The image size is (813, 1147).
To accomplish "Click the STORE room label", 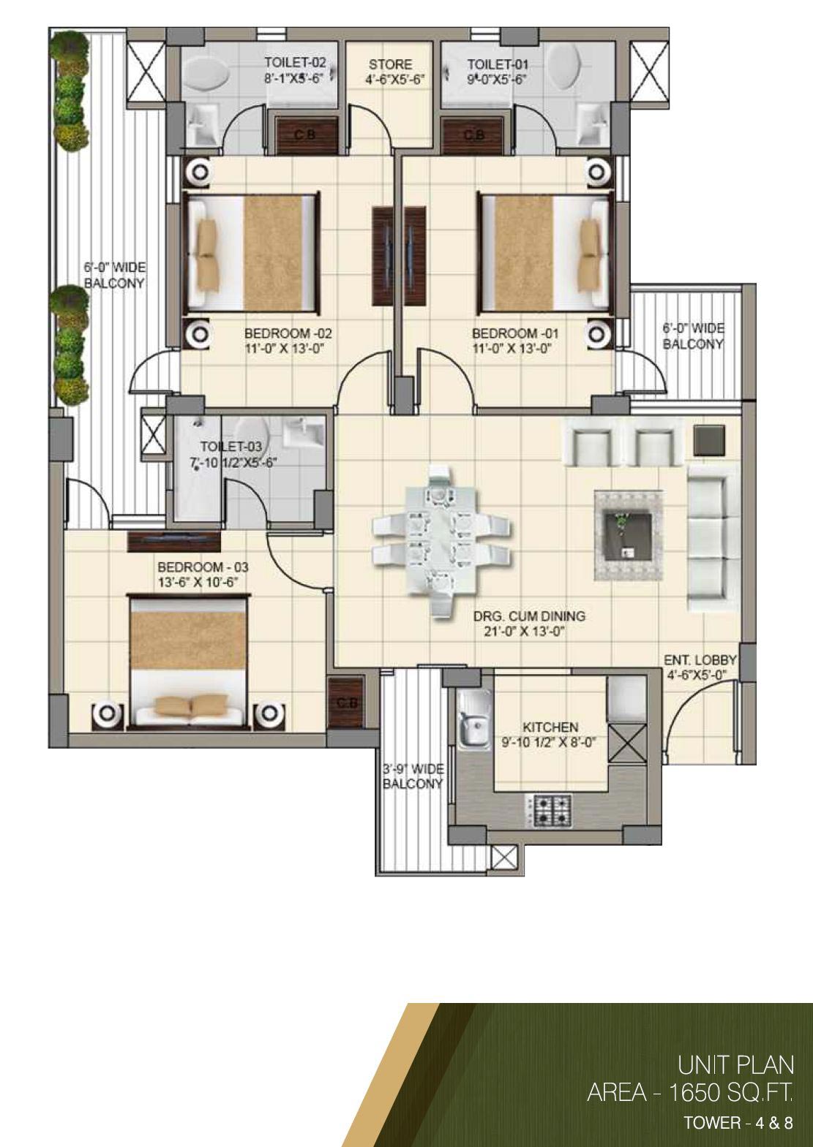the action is click(390, 64).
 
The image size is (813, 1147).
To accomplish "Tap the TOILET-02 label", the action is click(295, 62).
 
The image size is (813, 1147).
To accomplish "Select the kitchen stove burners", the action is click(548, 809).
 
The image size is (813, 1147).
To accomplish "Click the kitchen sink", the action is click(473, 718).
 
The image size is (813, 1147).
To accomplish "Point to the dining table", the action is click(441, 540).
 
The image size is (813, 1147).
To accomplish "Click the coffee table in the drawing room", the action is click(628, 536).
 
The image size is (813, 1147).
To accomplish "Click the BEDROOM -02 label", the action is click(288, 333).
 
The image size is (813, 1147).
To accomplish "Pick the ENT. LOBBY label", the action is click(700, 660).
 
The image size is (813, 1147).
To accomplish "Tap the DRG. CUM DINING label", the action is click(529, 616).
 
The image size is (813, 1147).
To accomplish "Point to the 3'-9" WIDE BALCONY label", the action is click(413, 776).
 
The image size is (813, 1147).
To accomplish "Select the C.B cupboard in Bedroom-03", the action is click(345, 702).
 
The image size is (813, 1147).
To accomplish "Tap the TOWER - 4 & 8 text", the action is click(738, 1122).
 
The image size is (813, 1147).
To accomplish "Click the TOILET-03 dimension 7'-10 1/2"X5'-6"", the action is click(233, 463).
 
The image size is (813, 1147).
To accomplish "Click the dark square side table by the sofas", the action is click(709, 440).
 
